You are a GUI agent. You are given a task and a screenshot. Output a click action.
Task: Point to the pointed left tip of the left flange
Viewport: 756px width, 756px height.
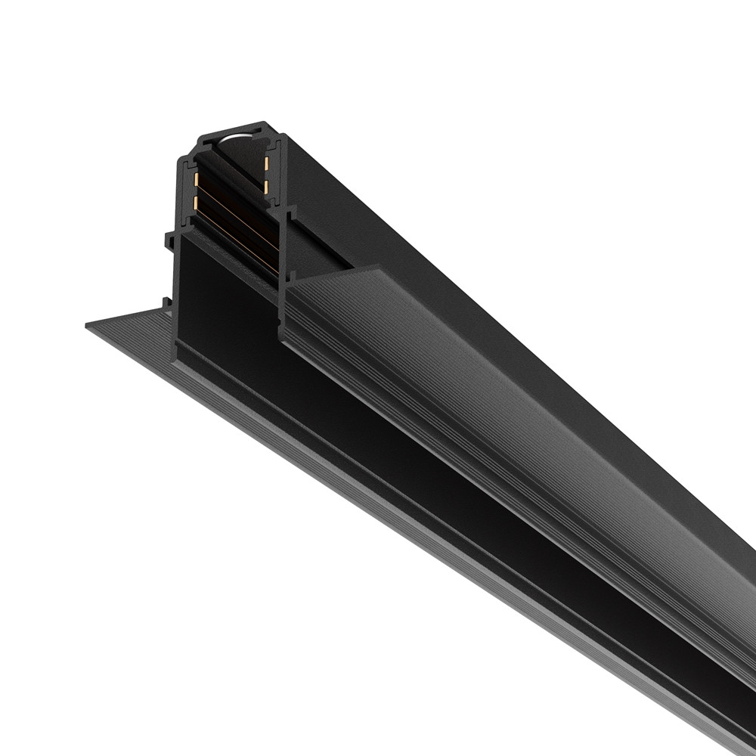(x=87, y=321)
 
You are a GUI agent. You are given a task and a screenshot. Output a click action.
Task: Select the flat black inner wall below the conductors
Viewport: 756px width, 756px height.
(x=227, y=302)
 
